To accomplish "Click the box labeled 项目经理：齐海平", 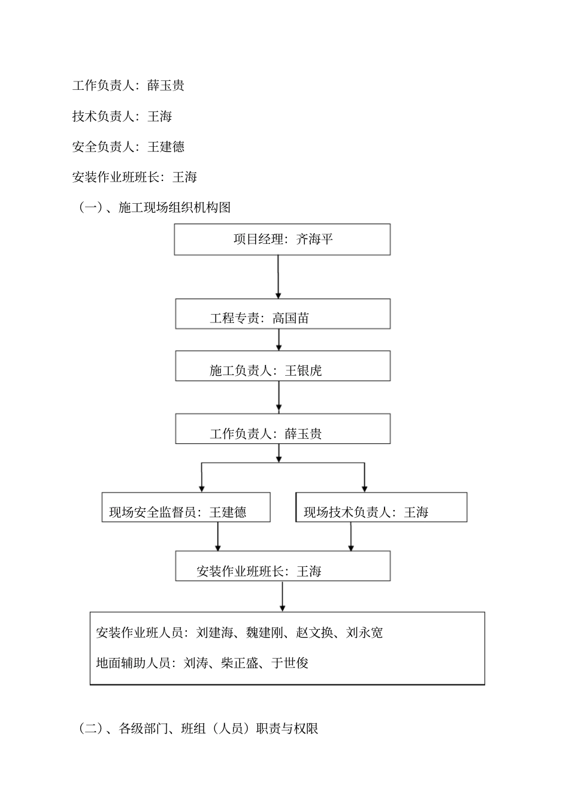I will click(x=282, y=240).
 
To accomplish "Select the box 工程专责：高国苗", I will click(x=283, y=314).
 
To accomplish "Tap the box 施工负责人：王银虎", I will click(x=283, y=366).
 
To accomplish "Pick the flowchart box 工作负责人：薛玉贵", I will click(x=283, y=429).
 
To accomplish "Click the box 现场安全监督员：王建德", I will click(x=186, y=508).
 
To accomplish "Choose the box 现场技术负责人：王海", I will click(x=382, y=508).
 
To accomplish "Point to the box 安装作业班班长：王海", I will click(x=283, y=566).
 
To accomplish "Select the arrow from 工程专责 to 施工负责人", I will click(x=279, y=340).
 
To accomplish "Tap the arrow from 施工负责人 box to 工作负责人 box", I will click(x=279, y=397).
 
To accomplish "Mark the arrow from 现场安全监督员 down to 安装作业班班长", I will click(x=218, y=536).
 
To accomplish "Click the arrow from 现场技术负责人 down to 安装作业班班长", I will click(x=351, y=536).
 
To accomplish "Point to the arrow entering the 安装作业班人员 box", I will click(x=283, y=596).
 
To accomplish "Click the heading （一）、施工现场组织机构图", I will click(x=155, y=208).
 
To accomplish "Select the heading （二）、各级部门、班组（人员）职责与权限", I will click(x=198, y=729).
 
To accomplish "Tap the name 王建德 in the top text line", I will click(x=166, y=147).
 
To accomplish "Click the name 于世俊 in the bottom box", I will click(x=290, y=663).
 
